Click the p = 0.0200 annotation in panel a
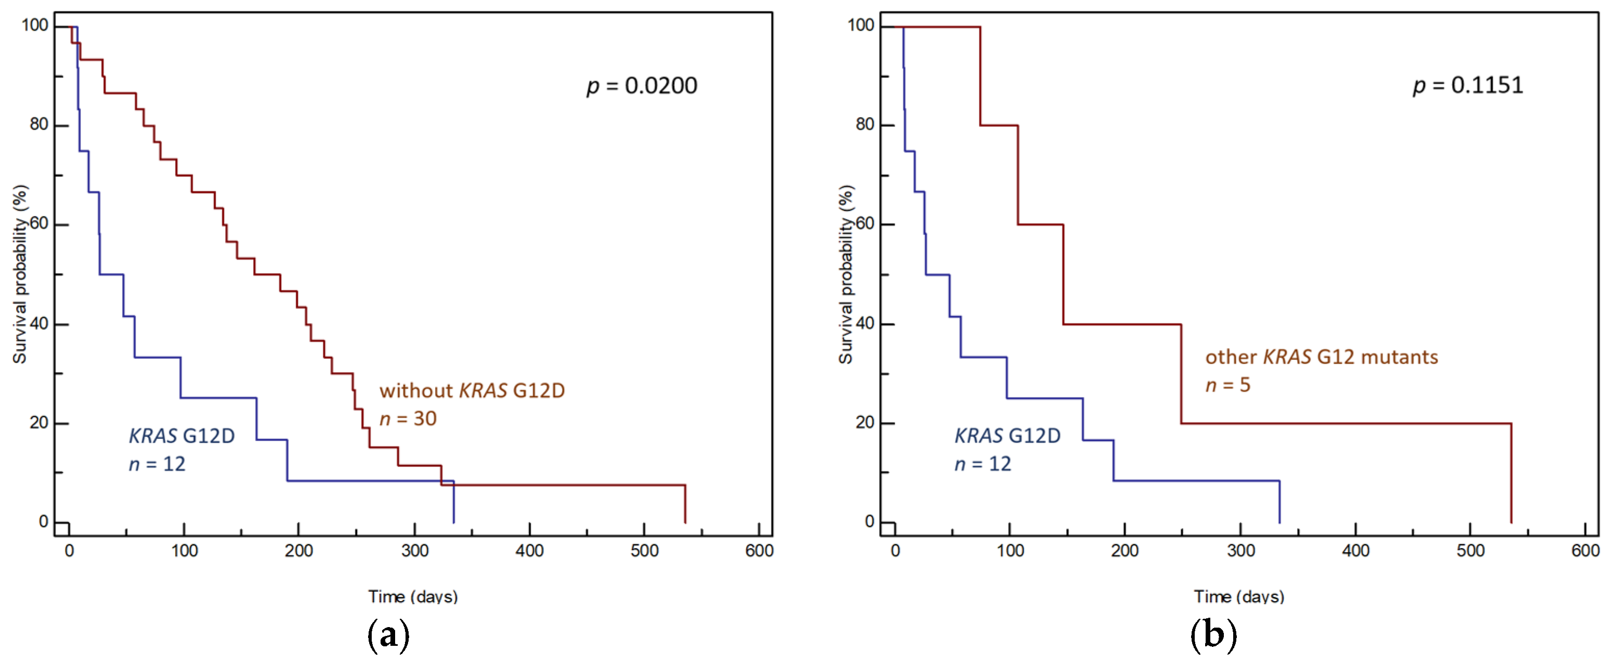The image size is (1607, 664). click(642, 85)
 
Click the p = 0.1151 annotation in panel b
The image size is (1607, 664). click(1467, 85)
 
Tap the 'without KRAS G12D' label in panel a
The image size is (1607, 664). click(472, 390)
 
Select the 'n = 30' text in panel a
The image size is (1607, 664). click(408, 419)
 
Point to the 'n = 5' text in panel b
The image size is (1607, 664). click(1227, 385)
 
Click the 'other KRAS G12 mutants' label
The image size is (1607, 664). click(1321, 357)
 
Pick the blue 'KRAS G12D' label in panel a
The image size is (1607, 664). click(181, 436)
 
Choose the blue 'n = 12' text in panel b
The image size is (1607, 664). click(983, 464)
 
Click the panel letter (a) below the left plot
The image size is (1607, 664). click(388, 635)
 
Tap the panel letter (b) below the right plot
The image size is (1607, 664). click(1213, 635)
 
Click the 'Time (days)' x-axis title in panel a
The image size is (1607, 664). click(413, 596)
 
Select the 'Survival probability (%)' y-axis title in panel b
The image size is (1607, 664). click(845, 275)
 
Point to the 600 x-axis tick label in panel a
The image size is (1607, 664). click(759, 551)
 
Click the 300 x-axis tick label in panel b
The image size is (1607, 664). click(1240, 551)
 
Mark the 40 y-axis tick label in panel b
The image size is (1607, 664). click(865, 323)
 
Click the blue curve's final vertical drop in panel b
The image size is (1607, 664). click(1279, 502)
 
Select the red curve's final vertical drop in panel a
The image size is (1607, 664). click(685, 504)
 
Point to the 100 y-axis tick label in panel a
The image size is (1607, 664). click(35, 25)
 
